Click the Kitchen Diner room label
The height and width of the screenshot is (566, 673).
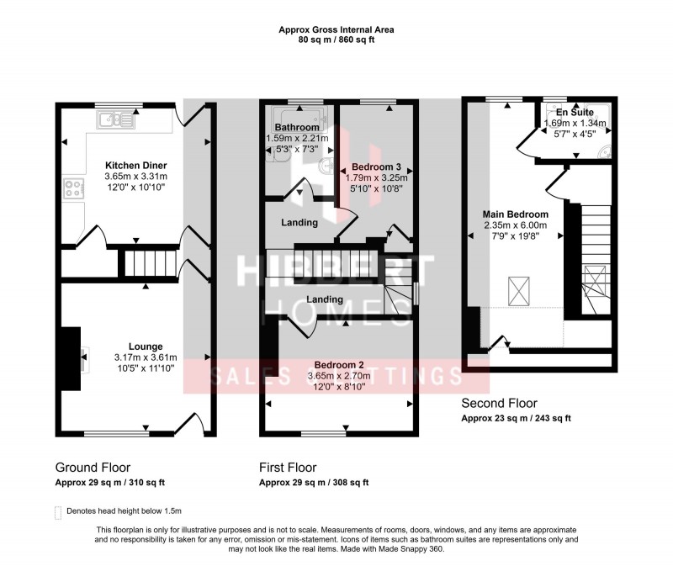[135, 165]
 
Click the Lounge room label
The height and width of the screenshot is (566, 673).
[146, 346]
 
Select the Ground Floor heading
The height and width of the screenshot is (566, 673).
[93, 467]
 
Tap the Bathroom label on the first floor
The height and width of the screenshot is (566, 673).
[295, 127]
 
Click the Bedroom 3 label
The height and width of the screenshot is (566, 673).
[376, 166]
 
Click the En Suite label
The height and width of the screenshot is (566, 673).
[575, 112]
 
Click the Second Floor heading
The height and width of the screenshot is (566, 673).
[500, 404]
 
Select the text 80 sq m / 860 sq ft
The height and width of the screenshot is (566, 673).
[336, 40]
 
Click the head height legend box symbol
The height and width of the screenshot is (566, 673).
[58, 511]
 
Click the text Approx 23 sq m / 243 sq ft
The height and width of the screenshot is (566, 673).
[516, 419]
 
